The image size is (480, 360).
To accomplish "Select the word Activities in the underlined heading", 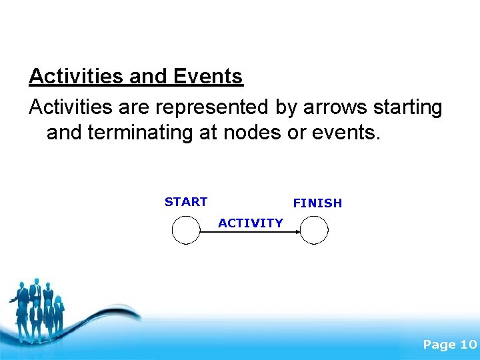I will pos(76,77).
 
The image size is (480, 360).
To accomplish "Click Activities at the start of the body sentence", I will pos(75,107).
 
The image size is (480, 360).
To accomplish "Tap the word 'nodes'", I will pos(253,132).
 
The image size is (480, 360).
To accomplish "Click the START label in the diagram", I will pos(186,202).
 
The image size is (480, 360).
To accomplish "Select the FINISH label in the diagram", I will pos(317,203).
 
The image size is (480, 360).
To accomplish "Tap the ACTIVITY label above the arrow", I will pos(251,223).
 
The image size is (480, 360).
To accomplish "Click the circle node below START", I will pos(186,231).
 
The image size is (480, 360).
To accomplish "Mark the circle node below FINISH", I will pos(314,231).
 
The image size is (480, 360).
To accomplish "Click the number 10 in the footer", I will pos(468,345).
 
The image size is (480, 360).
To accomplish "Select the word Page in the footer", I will pos(439,345).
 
